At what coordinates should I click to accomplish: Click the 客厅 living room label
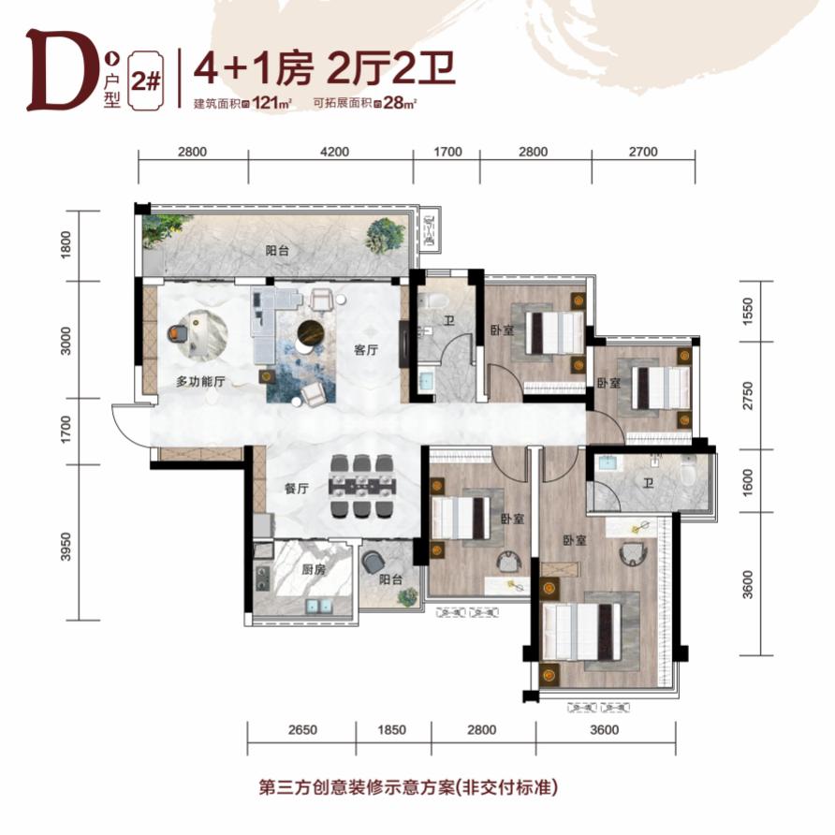click(x=366, y=350)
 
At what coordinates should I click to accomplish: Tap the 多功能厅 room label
click(x=200, y=381)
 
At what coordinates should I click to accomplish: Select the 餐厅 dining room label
click(x=297, y=488)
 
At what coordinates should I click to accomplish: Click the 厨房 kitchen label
click(x=313, y=569)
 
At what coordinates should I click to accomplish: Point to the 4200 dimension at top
click(x=334, y=152)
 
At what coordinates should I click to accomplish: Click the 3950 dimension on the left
click(x=66, y=547)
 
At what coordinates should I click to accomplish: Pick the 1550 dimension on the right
click(x=748, y=312)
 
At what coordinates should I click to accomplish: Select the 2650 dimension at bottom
click(x=302, y=729)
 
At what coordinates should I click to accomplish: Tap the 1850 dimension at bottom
click(x=391, y=729)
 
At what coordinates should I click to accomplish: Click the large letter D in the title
click(x=57, y=70)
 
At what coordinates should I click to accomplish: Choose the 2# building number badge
click(x=146, y=81)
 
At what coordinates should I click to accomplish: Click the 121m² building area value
click(x=272, y=102)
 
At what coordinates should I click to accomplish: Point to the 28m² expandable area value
click(x=400, y=102)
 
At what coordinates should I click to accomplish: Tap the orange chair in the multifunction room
click(x=176, y=333)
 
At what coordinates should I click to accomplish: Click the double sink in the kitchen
click(x=319, y=606)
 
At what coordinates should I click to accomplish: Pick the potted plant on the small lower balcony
click(x=408, y=596)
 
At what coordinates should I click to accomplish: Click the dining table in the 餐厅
click(x=363, y=485)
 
